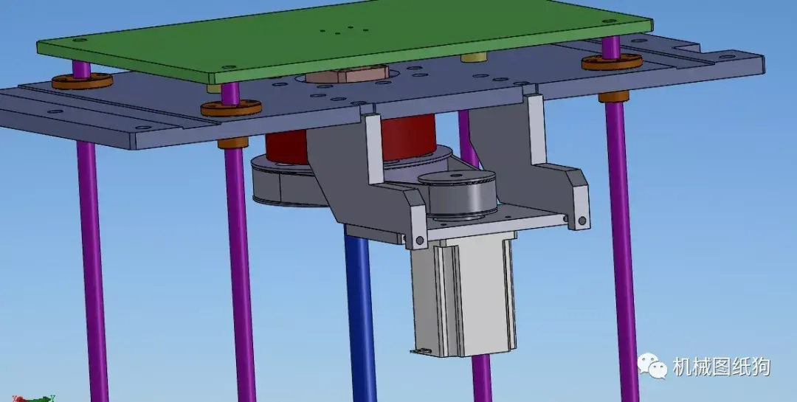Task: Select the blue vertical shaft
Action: [361, 310]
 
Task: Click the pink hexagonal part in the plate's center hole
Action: [347, 74]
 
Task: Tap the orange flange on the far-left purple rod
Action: [82, 80]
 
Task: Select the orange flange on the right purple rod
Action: [612, 61]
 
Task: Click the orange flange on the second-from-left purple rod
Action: [231, 108]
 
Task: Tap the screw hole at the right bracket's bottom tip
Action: [583, 221]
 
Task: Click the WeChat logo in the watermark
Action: [652, 365]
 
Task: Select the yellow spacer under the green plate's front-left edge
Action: [215, 88]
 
